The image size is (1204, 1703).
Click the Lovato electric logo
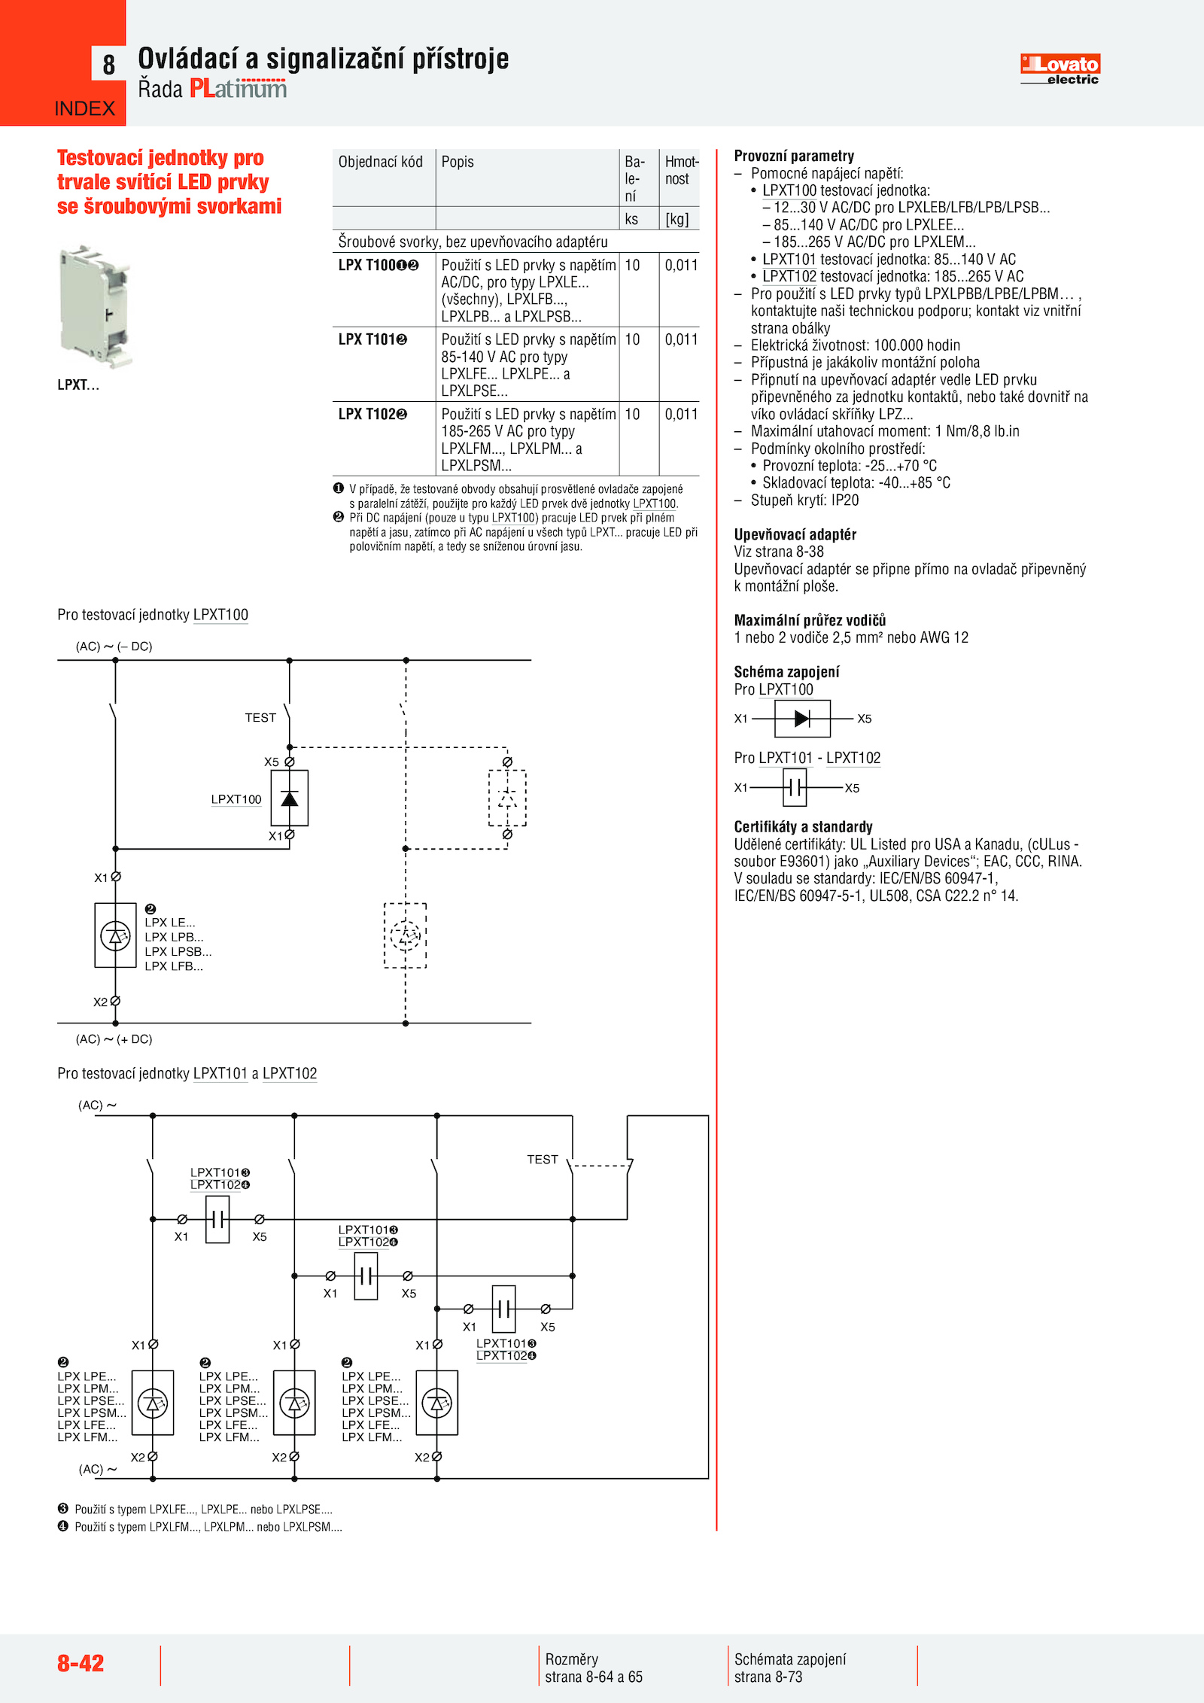[1060, 68]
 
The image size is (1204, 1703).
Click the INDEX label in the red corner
[84, 109]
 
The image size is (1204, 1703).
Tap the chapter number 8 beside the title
[109, 65]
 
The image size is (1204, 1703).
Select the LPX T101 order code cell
[372, 339]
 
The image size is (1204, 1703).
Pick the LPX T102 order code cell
[372, 414]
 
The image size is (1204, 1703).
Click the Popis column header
[458, 162]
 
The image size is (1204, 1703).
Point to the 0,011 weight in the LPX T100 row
[681, 265]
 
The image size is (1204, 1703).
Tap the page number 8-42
[81, 1662]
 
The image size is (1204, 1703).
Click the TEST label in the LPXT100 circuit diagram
[260, 718]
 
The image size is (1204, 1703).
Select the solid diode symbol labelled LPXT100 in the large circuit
[290, 798]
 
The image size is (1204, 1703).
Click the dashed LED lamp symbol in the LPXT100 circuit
[406, 935]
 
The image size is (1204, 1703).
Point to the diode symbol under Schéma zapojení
[802, 719]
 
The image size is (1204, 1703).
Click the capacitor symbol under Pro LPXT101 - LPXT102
[795, 788]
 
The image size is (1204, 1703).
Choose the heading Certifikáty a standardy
[803, 826]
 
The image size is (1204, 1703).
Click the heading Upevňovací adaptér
[795, 534]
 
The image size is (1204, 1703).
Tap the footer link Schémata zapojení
[790, 1659]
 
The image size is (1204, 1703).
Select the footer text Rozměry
[571, 1659]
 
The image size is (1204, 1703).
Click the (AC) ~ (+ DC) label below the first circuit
[114, 1039]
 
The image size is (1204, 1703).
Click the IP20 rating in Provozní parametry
[845, 500]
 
